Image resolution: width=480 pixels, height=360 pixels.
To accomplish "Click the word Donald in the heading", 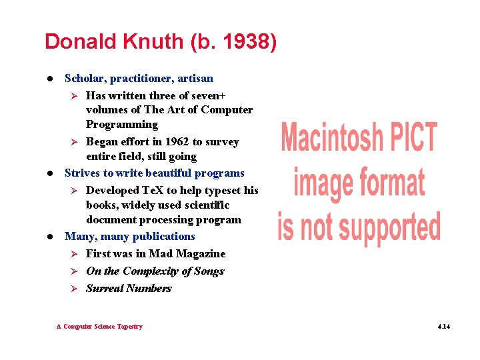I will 79,41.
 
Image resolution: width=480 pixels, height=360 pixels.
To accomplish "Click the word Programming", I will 122,125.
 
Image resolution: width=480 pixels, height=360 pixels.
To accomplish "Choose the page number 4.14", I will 443,327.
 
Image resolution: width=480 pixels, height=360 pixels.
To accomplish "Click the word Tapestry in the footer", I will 129,327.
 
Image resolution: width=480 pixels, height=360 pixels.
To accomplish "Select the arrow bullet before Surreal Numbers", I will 75,289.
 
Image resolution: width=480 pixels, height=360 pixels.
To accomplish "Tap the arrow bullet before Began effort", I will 75,142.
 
